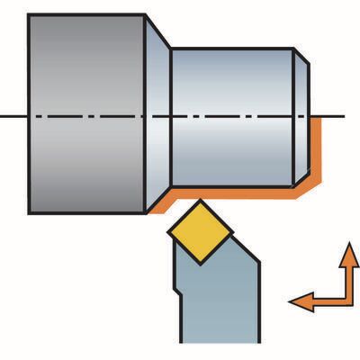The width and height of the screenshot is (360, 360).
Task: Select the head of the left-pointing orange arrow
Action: (294, 303)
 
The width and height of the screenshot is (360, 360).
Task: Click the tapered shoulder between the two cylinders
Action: (158, 115)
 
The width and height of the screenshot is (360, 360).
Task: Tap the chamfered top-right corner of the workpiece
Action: (302, 56)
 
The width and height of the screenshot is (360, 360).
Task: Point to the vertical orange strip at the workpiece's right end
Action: (316, 157)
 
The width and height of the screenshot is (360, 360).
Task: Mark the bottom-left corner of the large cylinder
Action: (30, 212)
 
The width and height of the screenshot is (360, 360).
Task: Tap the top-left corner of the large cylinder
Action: (30, 16)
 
